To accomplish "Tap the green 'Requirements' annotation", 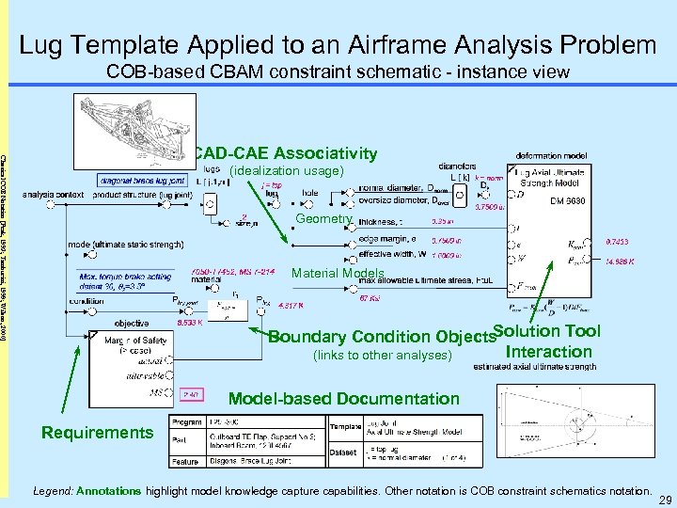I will click(x=96, y=432).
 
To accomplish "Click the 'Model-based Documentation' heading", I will click(x=344, y=399).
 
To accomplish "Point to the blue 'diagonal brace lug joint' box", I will click(x=141, y=180).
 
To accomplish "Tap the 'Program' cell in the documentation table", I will click(x=187, y=422).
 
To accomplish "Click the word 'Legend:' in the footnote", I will click(x=54, y=491).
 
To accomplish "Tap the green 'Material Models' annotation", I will click(x=338, y=274).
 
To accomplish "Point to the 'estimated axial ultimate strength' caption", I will click(x=526, y=367).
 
